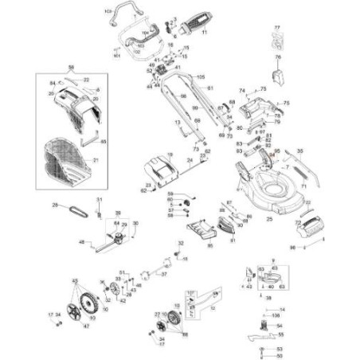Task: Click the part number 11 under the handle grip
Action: [203, 33]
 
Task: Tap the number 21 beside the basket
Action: [97, 160]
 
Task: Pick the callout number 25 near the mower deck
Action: [269, 218]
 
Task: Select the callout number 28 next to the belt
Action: [56, 205]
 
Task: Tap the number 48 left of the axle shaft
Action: [81, 241]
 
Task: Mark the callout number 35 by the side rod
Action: [299, 149]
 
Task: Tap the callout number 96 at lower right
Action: [292, 248]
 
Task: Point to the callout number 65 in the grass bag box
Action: [103, 141]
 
